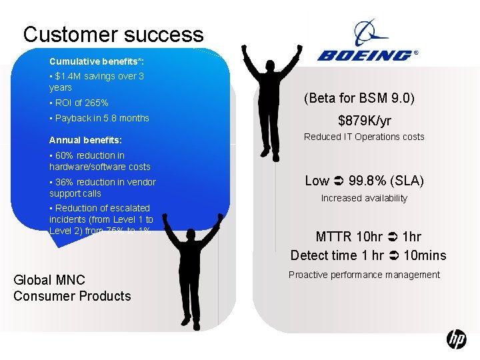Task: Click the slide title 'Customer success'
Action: (113, 34)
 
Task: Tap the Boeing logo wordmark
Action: (365, 54)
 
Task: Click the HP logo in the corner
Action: (456, 340)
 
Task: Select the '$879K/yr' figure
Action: (364, 121)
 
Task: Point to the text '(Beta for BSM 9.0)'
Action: (359, 99)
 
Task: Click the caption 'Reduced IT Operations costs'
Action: (364, 137)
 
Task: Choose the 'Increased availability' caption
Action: (364, 198)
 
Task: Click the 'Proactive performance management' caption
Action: (364, 275)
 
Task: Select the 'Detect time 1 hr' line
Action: (337, 255)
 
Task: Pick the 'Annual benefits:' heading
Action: (85, 140)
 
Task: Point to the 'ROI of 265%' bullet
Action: (79, 103)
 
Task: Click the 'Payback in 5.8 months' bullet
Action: (99, 118)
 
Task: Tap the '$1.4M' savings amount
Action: (69, 76)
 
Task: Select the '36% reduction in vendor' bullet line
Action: (103, 182)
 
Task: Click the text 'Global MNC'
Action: (49, 279)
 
